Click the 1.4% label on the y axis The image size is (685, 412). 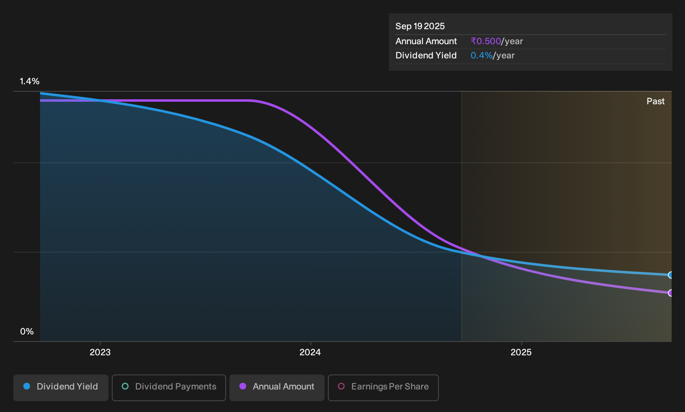(30, 81)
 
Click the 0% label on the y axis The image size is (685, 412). (27, 332)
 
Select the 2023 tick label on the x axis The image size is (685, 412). (100, 352)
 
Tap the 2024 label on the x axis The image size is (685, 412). (310, 352)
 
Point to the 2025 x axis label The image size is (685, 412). (521, 352)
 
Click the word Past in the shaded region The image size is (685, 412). (656, 101)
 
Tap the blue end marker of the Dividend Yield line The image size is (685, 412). (670, 275)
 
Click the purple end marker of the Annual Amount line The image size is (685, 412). (670, 293)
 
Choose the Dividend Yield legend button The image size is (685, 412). (61, 387)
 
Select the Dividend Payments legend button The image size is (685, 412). (169, 387)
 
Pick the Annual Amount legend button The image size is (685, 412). (277, 387)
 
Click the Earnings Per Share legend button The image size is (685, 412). (383, 387)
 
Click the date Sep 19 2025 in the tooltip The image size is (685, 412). (420, 26)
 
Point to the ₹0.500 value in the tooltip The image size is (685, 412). (486, 41)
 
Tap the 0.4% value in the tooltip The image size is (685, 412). (482, 55)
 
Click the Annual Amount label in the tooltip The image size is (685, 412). (426, 41)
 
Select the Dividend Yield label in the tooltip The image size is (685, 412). (426, 55)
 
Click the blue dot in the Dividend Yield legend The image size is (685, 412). (27, 386)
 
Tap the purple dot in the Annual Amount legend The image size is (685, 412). (243, 386)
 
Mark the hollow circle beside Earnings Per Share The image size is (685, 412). (341, 386)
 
